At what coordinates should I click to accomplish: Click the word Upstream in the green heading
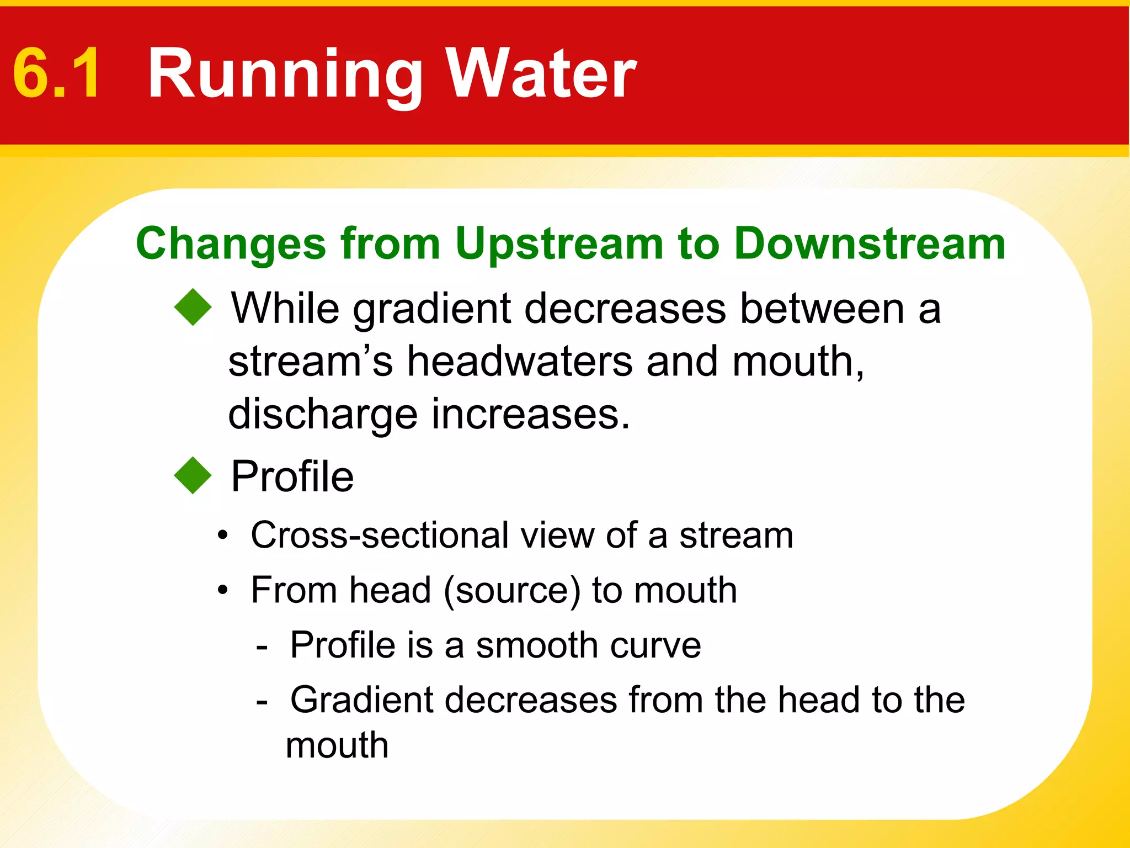[x=559, y=244]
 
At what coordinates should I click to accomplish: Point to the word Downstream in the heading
[x=870, y=244]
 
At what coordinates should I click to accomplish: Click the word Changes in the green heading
[x=231, y=244]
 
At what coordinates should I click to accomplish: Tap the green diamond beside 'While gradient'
[x=193, y=307]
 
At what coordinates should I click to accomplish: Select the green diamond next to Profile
[x=193, y=475]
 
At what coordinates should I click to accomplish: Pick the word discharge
[x=323, y=415]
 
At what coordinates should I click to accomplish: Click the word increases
[x=530, y=415]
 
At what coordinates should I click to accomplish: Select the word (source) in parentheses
[x=512, y=591]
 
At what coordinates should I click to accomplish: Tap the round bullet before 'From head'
[x=222, y=591]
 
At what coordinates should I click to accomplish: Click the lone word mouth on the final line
[x=337, y=745]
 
